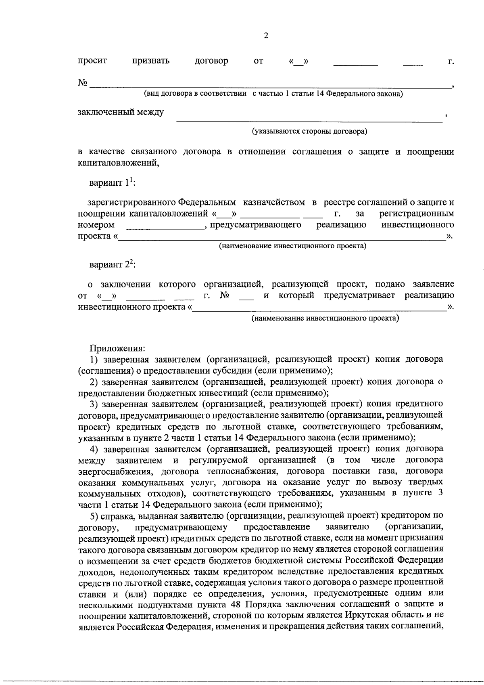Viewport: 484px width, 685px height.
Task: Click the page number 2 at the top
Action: click(266, 36)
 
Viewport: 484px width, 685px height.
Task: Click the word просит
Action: click(92, 61)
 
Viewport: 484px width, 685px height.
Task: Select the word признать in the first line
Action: click(151, 61)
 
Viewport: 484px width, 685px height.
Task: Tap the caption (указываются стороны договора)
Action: click(310, 131)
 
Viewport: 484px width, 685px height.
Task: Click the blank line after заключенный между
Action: click(309, 119)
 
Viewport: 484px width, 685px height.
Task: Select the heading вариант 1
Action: click(113, 183)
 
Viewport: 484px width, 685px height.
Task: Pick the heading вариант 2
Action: click(113, 265)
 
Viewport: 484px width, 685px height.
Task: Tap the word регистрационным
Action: click(417, 213)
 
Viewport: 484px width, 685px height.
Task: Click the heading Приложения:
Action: click(117, 348)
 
